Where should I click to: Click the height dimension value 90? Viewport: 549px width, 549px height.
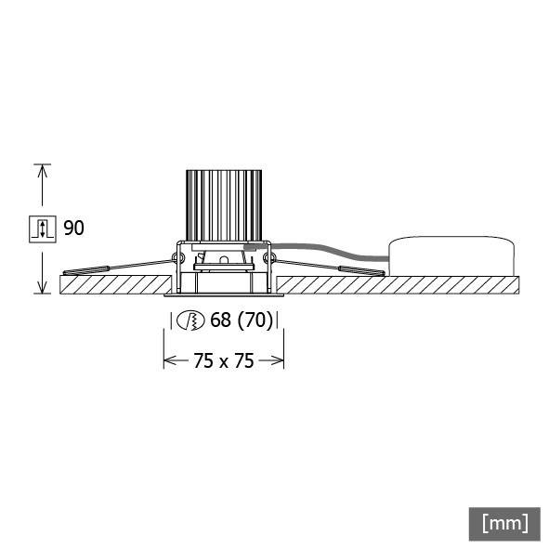point(73,228)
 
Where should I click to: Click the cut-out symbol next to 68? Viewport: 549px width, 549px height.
point(191,321)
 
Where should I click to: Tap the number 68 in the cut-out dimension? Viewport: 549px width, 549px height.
point(220,321)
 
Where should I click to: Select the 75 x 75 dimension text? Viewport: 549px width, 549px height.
point(223,360)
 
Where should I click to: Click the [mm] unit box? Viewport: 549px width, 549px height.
point(504,522)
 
